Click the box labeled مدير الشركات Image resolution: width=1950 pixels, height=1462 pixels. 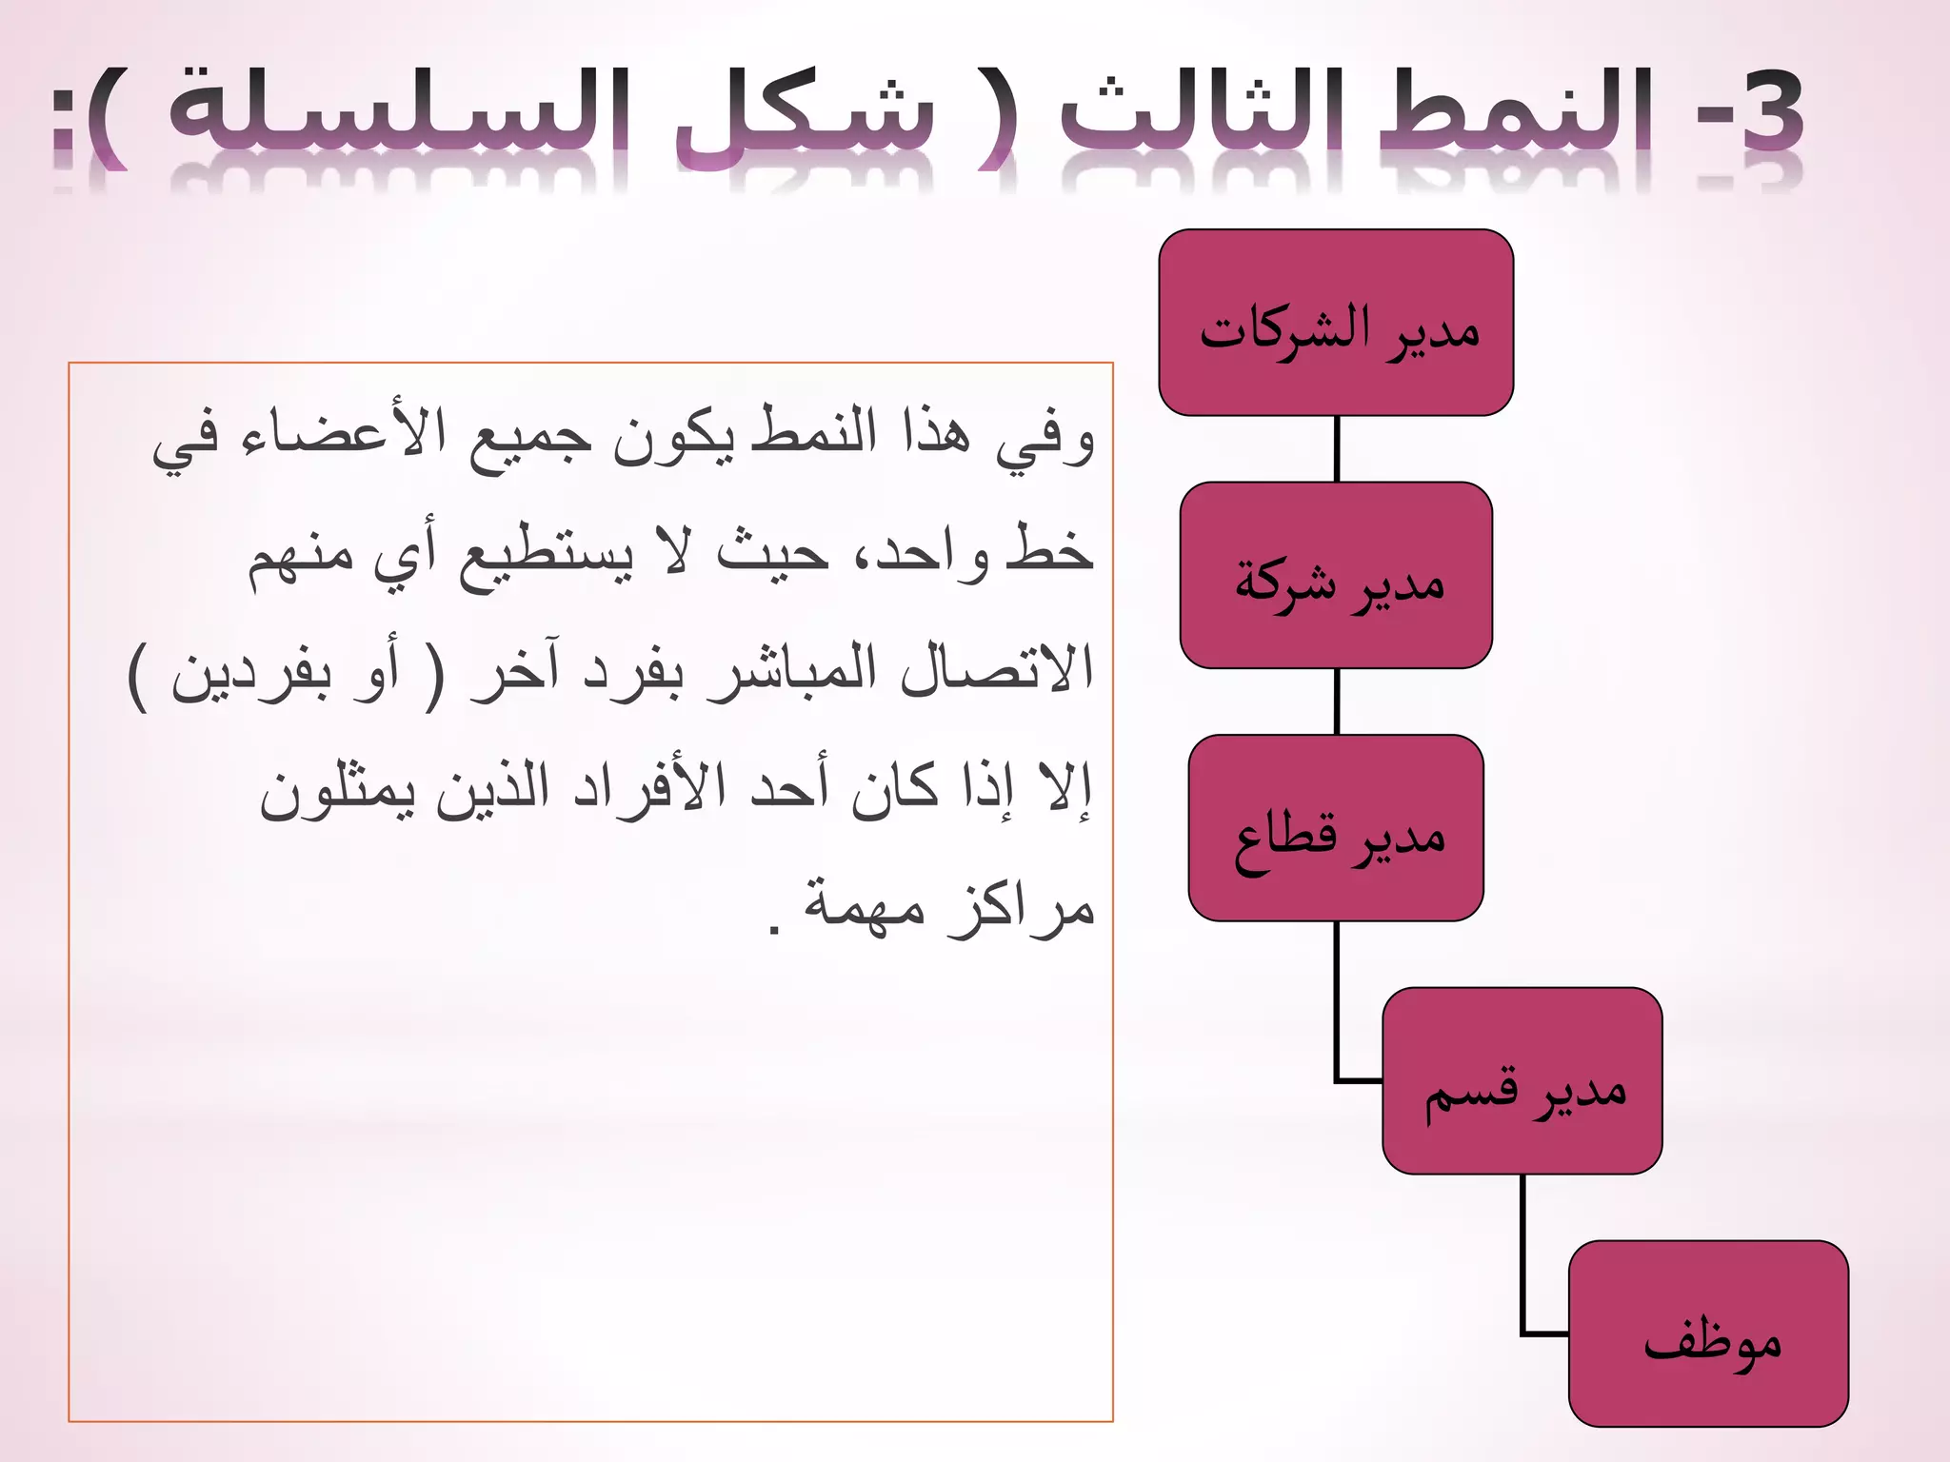click(x=1336, y=323)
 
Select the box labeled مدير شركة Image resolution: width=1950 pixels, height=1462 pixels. click(x=1336, y=575)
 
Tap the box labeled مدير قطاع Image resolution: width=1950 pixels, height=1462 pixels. click(x=1336, y=827)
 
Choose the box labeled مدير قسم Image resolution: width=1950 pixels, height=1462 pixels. click(x=1522, y=1080)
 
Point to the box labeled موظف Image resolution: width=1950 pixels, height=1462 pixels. click(x=1708, y=1333)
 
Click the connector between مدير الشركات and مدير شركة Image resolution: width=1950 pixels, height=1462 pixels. click(x=1337, y=449)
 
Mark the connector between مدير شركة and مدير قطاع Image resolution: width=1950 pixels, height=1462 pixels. click(x=1337, y=701)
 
